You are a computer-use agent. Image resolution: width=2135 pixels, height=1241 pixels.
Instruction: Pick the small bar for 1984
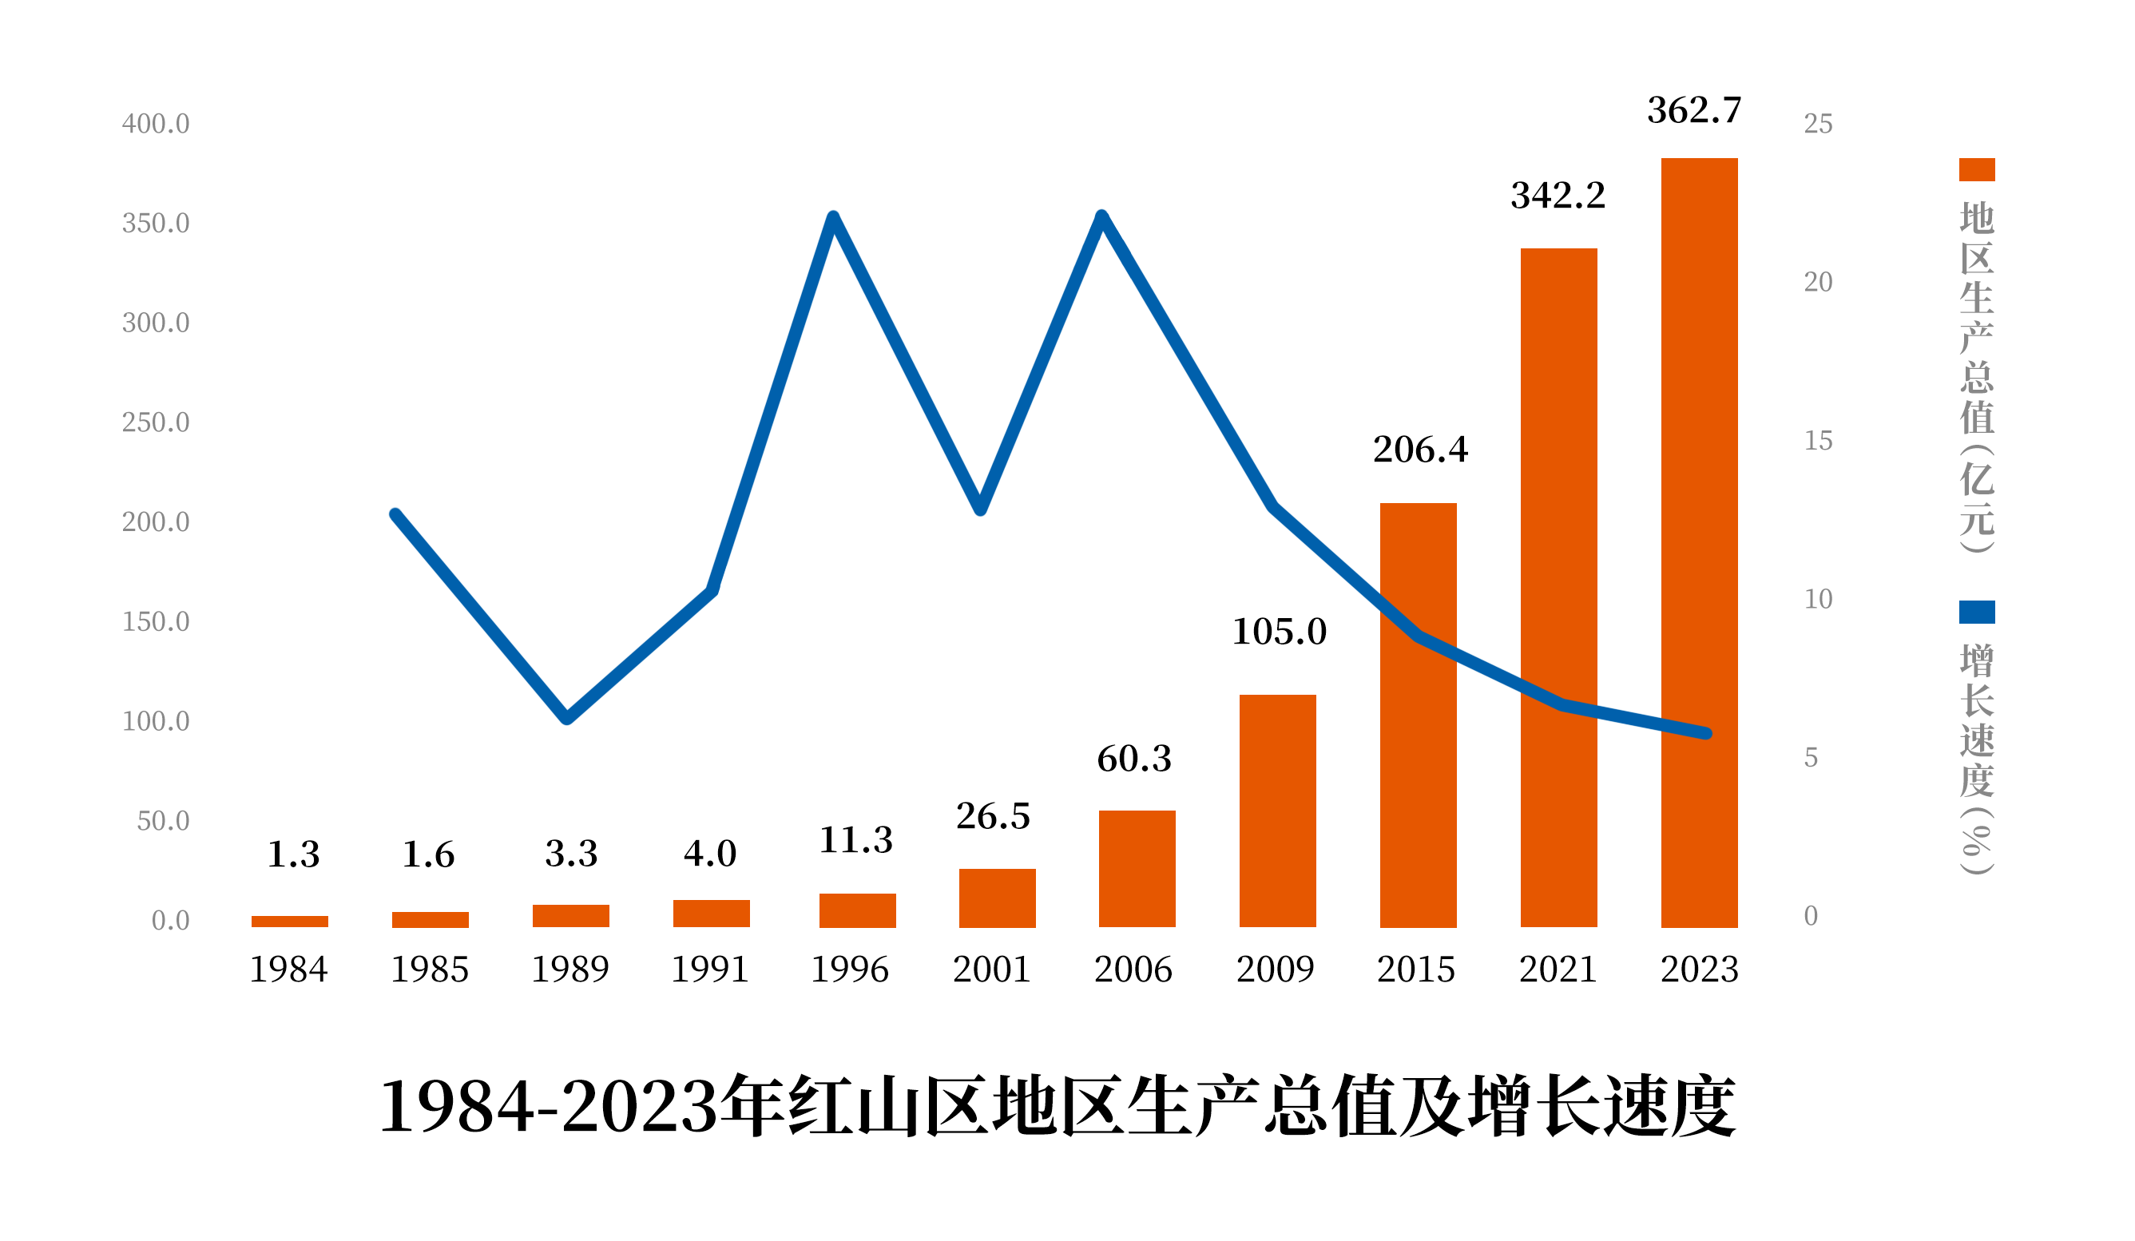[290, 921]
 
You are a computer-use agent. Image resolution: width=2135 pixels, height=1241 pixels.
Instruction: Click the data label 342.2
[1558, 196]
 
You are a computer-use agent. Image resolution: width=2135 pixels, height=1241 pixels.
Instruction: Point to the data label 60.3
[1133, 758]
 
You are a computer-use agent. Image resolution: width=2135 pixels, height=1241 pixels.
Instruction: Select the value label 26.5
[993, 816]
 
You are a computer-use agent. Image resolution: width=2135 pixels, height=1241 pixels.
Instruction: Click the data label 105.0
[1279, 631]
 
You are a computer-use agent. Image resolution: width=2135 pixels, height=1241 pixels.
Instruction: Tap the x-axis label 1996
[850, 969]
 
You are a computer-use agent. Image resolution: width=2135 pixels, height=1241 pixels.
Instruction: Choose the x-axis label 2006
[1133, 969]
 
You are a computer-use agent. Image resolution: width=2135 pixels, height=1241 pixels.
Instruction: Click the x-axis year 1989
[569, 969]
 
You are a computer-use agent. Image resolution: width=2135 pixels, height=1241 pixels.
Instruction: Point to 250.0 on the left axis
[156, 422]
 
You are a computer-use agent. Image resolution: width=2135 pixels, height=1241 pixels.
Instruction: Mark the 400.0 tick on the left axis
[156, 124]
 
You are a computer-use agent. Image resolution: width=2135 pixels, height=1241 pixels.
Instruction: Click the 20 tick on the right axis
[1817, 281]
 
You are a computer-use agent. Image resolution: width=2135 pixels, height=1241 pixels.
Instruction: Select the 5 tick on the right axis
[1811, 756]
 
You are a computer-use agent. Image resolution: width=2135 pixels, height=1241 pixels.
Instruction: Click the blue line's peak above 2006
[1101, 217]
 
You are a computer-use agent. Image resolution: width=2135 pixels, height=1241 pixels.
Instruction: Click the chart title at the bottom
[1057, 1106]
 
